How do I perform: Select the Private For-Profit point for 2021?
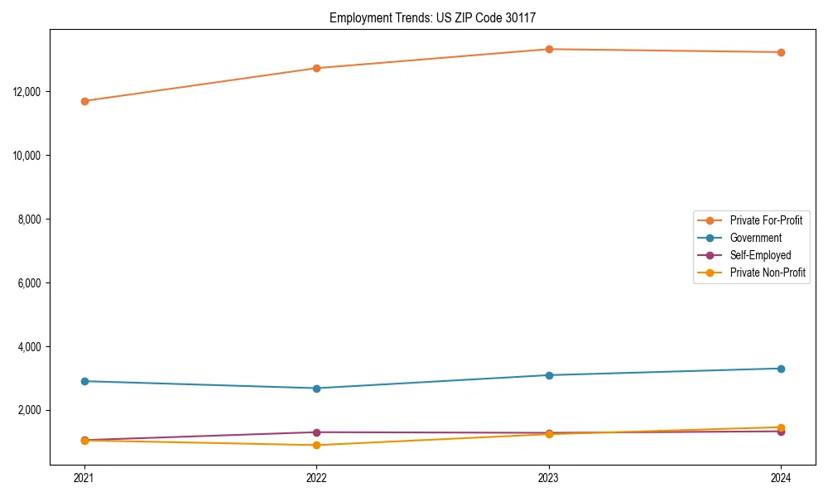84,101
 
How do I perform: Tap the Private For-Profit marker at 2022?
316,68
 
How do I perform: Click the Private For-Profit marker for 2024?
781,52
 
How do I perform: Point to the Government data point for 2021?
84,381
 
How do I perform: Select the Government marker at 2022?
316,388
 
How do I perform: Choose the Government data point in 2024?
781,369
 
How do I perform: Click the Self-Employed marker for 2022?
316,432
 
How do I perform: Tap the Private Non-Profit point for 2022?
316,445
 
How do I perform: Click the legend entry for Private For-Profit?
765,220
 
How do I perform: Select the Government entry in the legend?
755,238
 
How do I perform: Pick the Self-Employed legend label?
760,255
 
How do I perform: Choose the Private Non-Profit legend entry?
768,273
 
